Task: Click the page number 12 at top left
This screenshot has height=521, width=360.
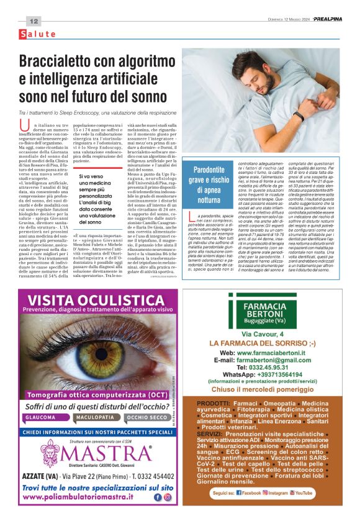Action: (34, 21)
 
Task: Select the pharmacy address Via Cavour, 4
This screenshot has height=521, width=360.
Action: (263, 335)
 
